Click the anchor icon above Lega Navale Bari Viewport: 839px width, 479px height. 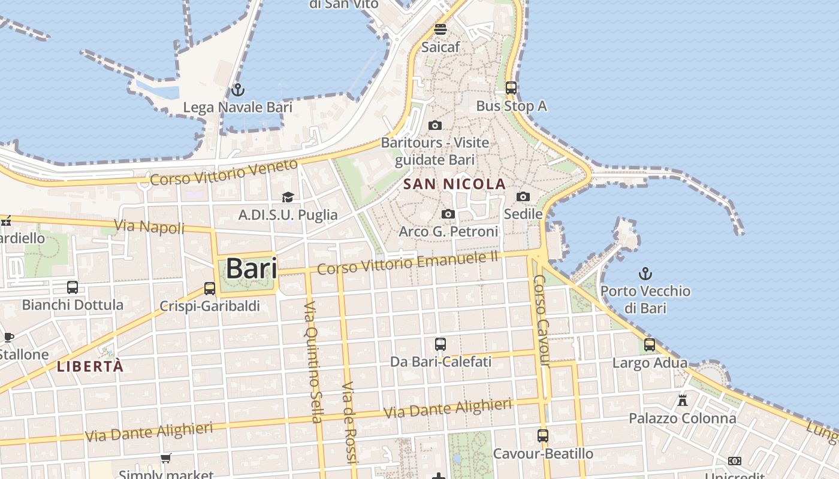(x=238, y=90)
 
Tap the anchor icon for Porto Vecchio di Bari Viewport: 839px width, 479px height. (x=645, y=274)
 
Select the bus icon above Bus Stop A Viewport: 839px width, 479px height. (x=511, y=88)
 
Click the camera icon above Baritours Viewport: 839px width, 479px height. (x=435, y=125)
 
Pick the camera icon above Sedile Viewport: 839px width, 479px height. (x=523, y=196)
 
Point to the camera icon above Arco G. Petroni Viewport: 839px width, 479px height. (x=448, y=214)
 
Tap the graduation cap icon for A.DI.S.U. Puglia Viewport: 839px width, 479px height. (x=288, y=197)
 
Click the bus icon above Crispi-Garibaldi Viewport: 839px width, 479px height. (x=210, y=288)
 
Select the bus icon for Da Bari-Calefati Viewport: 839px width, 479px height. (x=440, y=344)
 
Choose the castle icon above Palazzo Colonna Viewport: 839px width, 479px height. (x=682, y=400)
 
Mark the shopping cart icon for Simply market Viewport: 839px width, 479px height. (x=166, y=458)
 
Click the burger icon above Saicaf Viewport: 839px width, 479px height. (x=440, y=29)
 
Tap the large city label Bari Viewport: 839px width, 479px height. (x=251, y=268)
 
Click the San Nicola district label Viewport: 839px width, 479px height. (x=455, y=184)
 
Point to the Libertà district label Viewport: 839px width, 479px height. (x=90, y=366)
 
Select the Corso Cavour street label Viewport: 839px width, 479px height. (x=542, y=320)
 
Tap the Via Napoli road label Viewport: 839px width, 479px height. (x=149, y=226)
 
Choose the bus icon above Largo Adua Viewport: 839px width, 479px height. (x=650, y=345)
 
